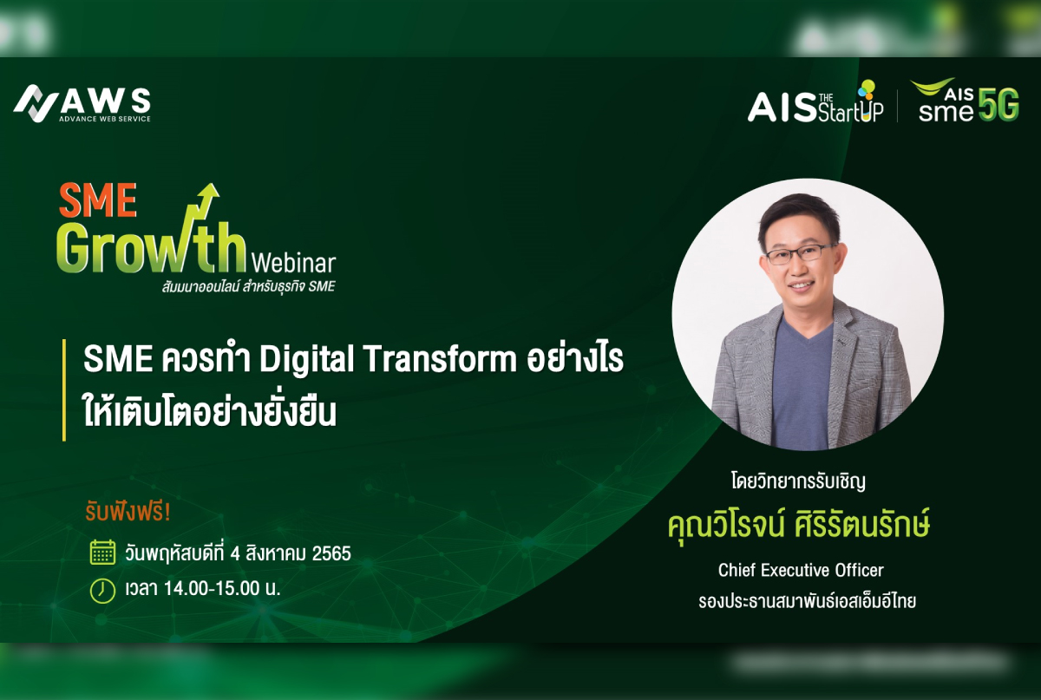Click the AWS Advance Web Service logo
click(82, 103)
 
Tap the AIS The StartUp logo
click(815, 102)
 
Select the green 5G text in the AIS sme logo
click(998, 104)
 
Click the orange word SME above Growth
click(97, 200)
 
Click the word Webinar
click(293, 264)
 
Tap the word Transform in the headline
click(441, 359)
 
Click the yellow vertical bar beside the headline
click(64, 390)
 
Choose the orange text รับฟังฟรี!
click(128, 513)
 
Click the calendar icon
click(102, 553)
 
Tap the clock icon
click(102, 591)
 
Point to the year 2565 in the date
click(331, 553)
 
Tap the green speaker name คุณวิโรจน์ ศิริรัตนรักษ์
click(799, 526)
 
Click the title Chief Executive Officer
click(801, 570)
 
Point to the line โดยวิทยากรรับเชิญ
click(798, 481)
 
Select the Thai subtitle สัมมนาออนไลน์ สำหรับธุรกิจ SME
click(249, 287)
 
